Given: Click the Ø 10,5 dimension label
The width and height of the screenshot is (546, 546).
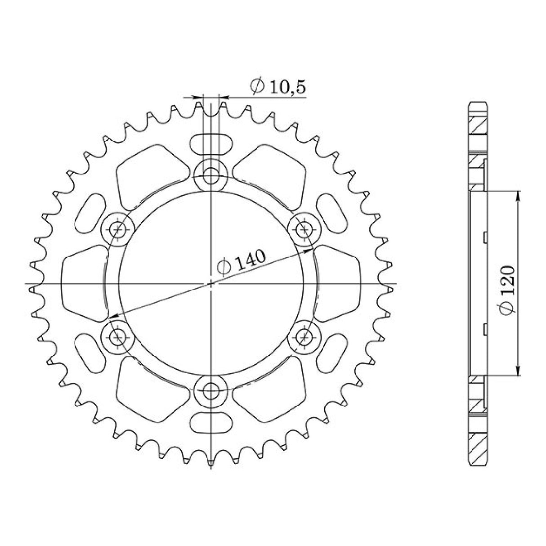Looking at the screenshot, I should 278,86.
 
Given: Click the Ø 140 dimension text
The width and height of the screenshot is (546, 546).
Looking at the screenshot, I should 242,263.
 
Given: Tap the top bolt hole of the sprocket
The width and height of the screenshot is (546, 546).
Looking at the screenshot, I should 210,175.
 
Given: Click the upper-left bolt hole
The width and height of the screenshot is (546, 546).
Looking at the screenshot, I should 118,229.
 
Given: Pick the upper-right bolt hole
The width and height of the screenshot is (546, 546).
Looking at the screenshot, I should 304,229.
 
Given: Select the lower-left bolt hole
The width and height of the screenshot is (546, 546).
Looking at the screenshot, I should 118,336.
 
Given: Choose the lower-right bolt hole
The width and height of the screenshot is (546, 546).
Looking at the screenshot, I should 304,336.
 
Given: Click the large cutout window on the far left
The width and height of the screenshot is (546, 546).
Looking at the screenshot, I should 83,283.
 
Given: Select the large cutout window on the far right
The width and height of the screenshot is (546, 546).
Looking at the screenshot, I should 337,283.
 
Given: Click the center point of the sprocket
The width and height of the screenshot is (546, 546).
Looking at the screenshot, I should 210,284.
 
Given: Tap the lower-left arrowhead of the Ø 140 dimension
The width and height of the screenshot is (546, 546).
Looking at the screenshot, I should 113,317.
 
